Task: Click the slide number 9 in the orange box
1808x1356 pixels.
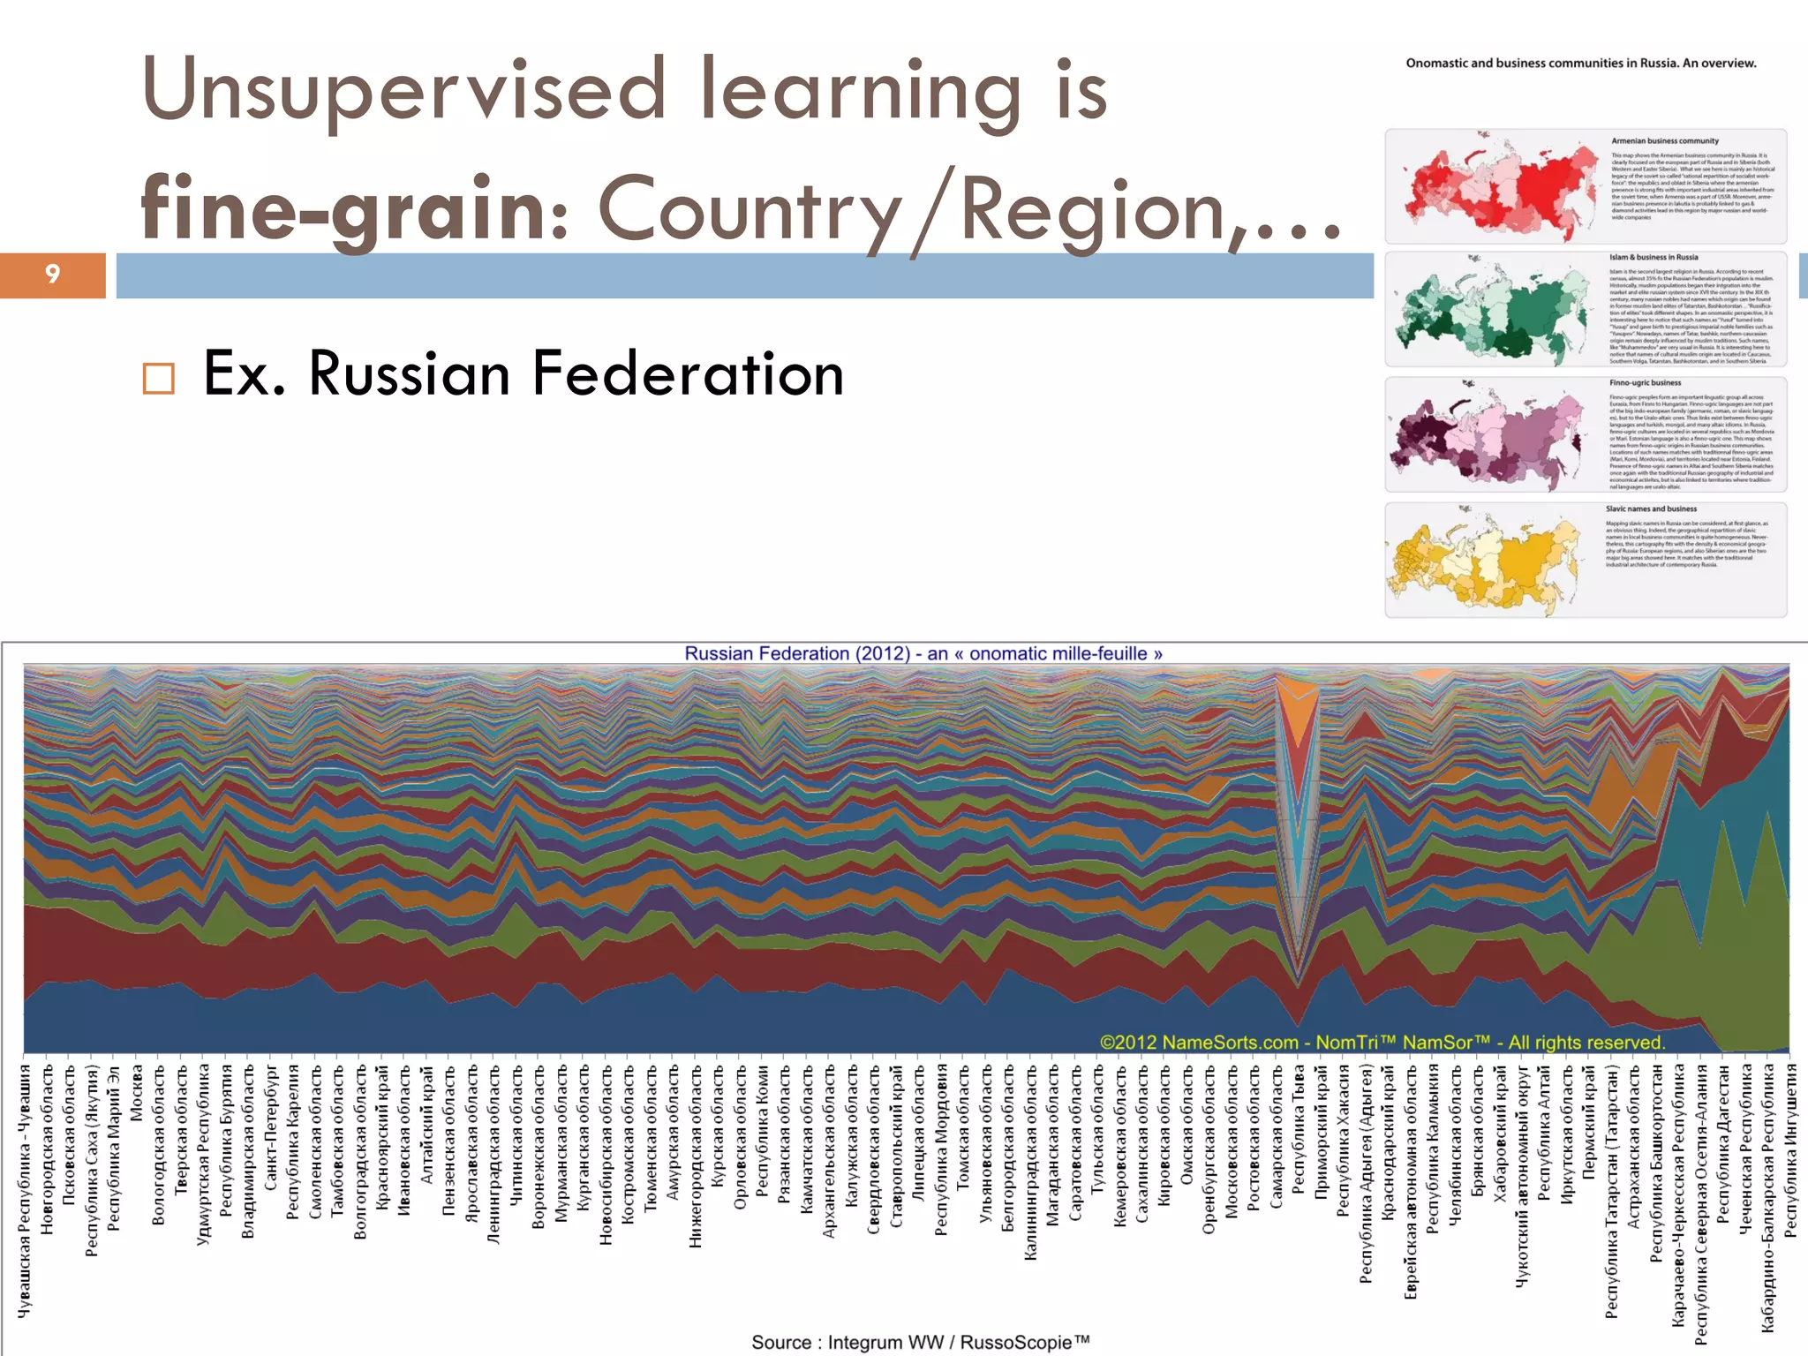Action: point(52,275)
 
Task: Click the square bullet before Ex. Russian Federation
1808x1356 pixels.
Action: point(159,378)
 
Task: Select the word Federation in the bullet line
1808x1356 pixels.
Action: point(688,374)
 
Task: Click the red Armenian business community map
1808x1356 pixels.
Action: point(1492,186)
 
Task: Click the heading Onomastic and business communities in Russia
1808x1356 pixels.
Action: point(1580,64)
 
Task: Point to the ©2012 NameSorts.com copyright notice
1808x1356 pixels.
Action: point(1382,1043)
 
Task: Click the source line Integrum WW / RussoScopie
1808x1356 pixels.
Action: point(920,1343)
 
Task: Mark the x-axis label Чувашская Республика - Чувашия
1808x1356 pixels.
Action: point(25,1191)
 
